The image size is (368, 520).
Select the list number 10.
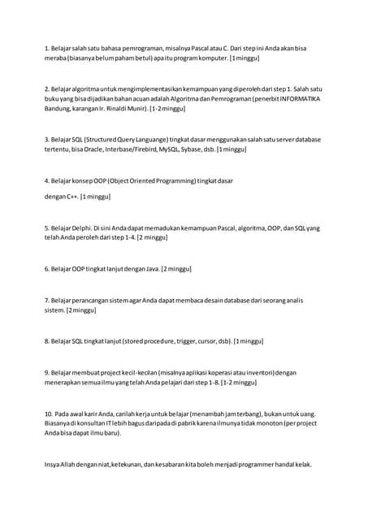pyautogui.click(x=48, y=414)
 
